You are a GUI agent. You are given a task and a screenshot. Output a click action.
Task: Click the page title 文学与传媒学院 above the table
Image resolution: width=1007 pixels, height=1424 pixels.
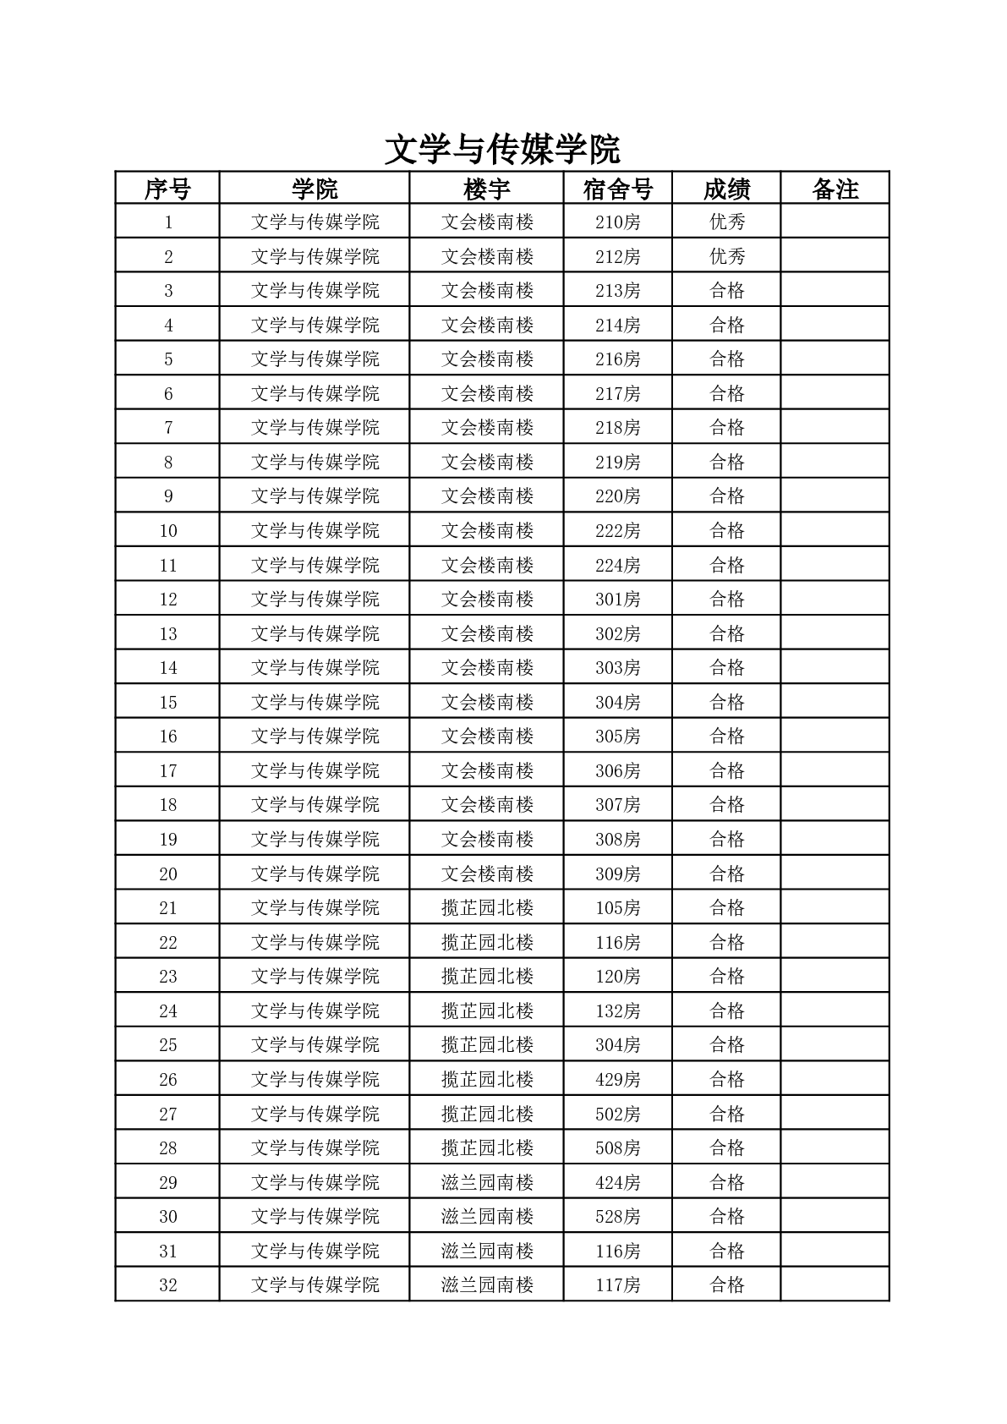[502, 150]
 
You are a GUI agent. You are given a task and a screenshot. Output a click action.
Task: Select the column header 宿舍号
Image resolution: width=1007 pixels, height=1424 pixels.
[617, 189]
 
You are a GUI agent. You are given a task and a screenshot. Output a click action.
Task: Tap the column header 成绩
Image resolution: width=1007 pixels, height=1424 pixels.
[726, 189]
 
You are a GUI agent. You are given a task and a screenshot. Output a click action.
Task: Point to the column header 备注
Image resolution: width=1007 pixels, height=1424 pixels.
[835, 189]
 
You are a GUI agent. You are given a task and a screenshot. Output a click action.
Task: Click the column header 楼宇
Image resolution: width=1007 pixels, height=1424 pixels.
[487, 189]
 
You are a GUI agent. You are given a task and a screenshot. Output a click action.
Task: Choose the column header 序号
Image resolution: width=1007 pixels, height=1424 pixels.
[167, 189]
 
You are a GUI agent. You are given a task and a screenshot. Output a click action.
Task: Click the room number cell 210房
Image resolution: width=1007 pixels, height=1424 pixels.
[617, 222]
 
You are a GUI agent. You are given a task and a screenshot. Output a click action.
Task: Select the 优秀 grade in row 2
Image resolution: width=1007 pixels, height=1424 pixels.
[726, 256]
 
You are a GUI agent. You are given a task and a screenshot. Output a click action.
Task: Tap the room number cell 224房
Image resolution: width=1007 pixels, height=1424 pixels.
[617, 565]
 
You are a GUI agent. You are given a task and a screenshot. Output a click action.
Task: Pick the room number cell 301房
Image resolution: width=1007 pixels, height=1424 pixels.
[617, 600]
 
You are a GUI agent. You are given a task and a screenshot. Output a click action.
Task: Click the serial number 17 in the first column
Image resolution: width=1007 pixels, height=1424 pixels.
[167, 770]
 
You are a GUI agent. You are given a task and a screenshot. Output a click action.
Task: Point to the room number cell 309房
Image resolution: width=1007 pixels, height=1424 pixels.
[617, 874]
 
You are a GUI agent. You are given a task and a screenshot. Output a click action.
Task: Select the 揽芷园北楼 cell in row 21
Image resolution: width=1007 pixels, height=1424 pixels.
[487, 908]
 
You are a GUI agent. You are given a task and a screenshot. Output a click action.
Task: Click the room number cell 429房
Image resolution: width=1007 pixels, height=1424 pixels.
[617, 1080]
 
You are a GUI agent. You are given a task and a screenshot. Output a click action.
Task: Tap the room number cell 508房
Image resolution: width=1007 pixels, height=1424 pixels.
[617, 1148]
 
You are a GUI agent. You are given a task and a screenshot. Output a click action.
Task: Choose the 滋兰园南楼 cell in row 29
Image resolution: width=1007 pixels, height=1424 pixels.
[487, 1182]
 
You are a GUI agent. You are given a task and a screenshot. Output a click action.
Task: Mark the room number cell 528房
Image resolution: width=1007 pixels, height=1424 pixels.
[617, 1217]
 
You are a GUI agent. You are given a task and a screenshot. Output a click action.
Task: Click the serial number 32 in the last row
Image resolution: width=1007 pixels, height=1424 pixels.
[167, 1285]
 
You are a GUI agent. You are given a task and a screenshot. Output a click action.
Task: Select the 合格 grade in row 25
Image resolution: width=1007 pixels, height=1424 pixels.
[726, 1045]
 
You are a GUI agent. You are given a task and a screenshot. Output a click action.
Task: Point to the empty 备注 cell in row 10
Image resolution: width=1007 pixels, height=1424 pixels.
[835, 531]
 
